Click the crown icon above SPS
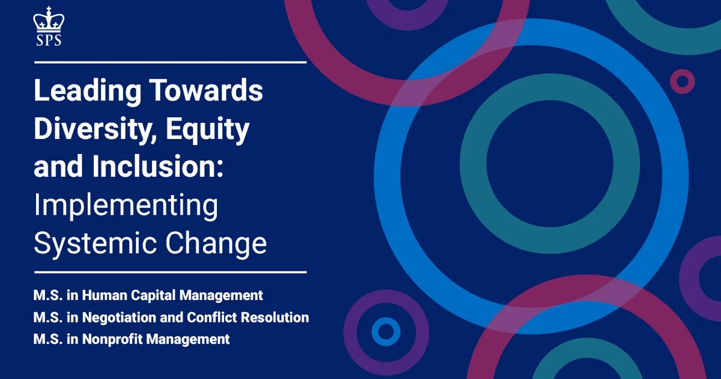tap(49, 20)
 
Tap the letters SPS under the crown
tap(49, 40)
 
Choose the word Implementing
tap(126, 206)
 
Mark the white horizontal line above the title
tap(170, 62)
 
